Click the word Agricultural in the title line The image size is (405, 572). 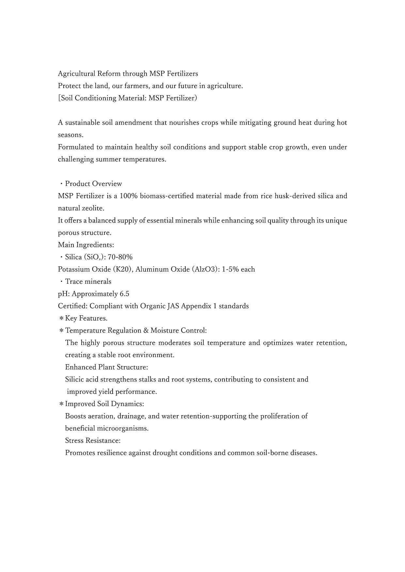click(76, 74)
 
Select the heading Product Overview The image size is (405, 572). click(93, 184)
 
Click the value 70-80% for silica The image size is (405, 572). click(120, 257)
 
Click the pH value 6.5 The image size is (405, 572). click(124, 294)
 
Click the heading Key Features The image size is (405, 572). click(86, 318)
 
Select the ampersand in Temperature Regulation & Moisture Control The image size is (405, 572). click(147, 331)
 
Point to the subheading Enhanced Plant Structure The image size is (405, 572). click(106, 367)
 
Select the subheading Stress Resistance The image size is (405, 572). click(93, 441)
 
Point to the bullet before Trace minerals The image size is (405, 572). click(61, 282)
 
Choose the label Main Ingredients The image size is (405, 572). click(86, 245)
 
